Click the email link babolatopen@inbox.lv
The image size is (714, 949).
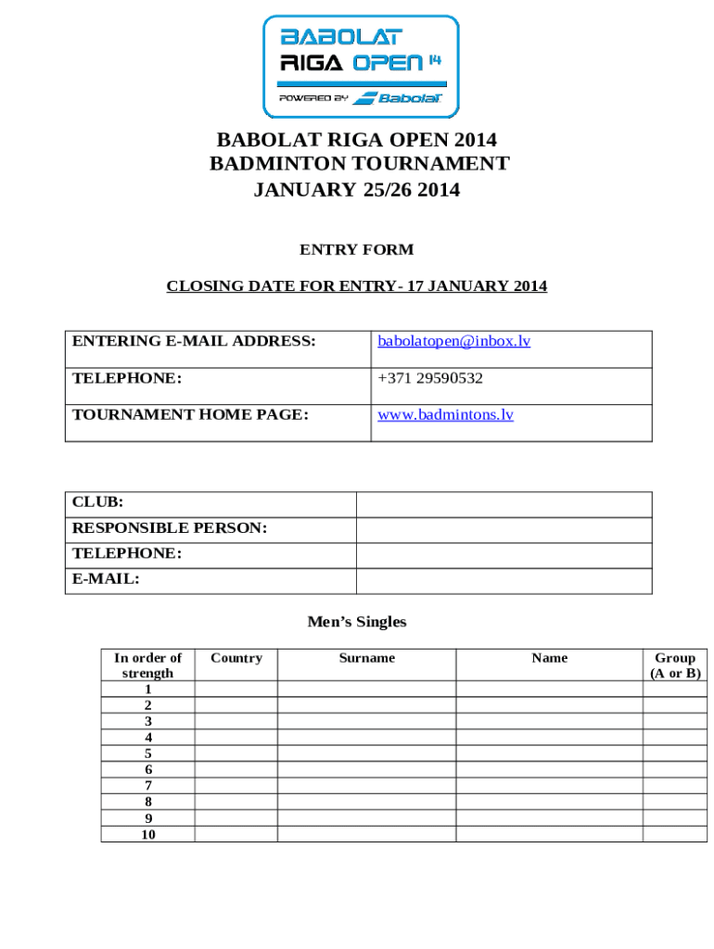pos(453,341)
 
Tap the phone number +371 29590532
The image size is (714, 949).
pos(430,378)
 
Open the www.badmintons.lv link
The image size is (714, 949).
pos(445,414)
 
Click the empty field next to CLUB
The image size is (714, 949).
pos(504,504)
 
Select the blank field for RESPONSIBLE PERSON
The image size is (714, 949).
pos(504,529)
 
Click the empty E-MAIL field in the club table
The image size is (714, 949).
pos(504,580)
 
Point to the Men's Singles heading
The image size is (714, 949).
pos(357,622)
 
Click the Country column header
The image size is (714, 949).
pos(236,658)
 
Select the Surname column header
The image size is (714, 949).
pos(366,658)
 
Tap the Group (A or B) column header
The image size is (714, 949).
pos(675,665)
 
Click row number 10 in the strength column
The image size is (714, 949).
pos(147,834)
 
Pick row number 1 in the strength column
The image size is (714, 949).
pos(147,690)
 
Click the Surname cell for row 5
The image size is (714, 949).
pos(366,753)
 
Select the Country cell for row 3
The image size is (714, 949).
pos(236,721)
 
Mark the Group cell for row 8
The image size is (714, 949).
pos(675,802)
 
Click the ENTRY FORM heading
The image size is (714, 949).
pos(356,249)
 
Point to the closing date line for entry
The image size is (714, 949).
pos(356,286)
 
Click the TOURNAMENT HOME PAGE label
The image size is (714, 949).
pos(190,414)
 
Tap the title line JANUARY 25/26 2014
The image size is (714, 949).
pos(357,190)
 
